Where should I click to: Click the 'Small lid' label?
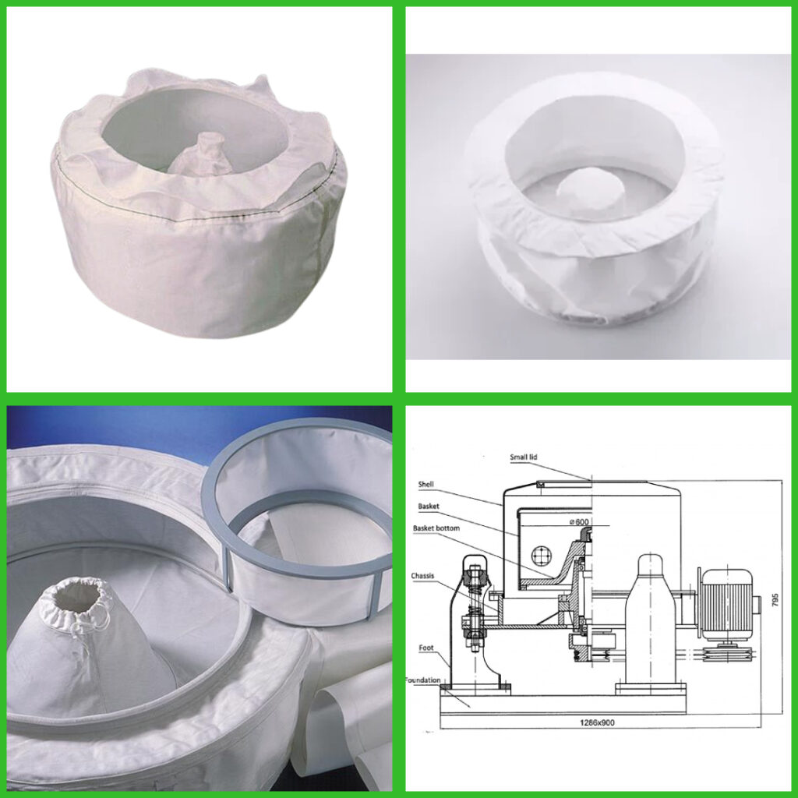(x=523, y=457)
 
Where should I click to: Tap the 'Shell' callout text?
(x=426, y=484)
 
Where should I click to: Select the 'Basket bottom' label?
(x=436, y=528)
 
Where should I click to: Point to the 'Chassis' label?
(x=423, y=576)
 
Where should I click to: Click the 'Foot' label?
(x=426, y=648)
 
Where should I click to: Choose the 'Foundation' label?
(x=423, y=680)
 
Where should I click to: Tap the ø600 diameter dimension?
(x=579, y=521)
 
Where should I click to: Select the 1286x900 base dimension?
(x=597, y=722)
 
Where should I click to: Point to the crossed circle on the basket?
(x=542, y=555)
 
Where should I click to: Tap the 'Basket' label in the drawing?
(x=428, y=506)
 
